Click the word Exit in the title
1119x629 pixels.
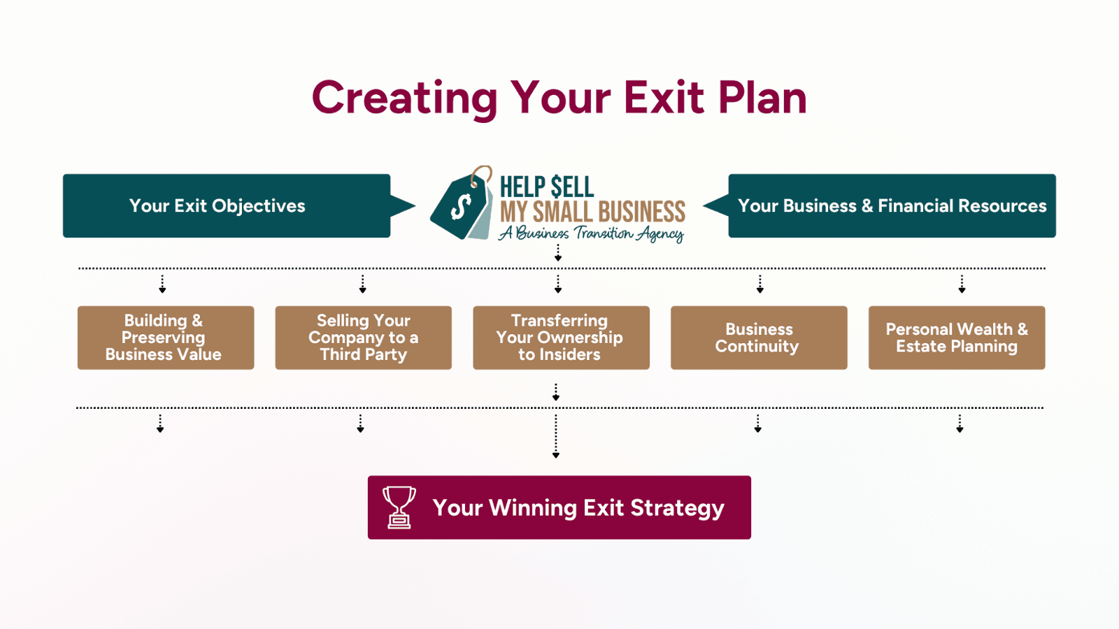pyautogui.click(x=664, y=97)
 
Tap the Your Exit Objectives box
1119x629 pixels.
pyautogui.click(x=227, y=205)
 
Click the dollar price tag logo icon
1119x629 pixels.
pyautogui.click(x=461, y=203)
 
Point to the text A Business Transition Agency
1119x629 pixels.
pyautogui.click(x=591, y=233)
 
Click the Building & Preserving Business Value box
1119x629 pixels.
pyautogui.click(x=166, y=338)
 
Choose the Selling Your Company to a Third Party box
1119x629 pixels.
pyautogui.click(x=363, y=338)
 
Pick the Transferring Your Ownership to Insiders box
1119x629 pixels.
pyautogui.click(x=561, y=338)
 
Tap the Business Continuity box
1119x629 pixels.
pyautogui.click(x=759, y=338)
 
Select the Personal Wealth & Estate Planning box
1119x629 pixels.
pyautogui.click(x=957, y=338)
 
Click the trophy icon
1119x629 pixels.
pyautogui.click(x=399, y=507)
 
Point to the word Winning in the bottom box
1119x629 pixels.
pyautogui.click(x=532, y=507)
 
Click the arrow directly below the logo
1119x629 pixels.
pyautogui.click(x=558, y=252)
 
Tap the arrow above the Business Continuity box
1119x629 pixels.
pyautogui.click(x=760, y=284)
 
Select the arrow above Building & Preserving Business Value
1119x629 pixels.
pyautogui.click(x=162, y=284)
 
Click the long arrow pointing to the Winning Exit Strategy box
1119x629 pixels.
pyautogui.click(x=556, y=436)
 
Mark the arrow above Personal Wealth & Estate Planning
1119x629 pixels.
pyautogui.click(x=962, y=284)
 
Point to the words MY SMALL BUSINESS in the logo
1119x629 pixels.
pyautogui.click(x=592, y=212)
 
